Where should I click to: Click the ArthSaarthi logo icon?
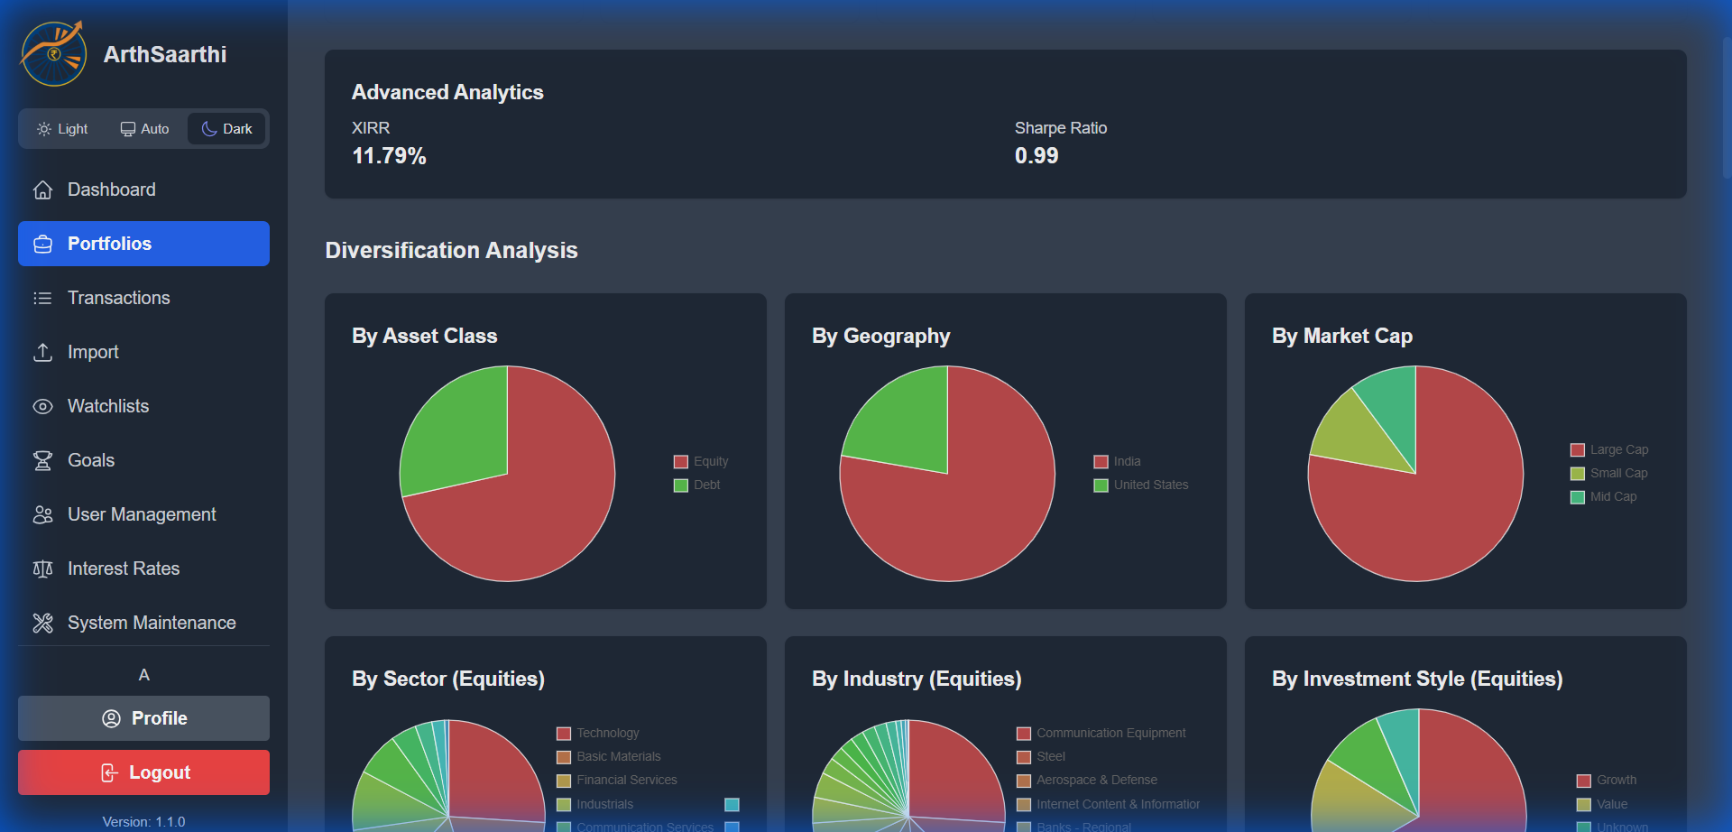pyautogui.click(x=54, y=54)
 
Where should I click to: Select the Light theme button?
pyautogui.click(x=62, y=129)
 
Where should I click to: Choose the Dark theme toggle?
pyautogui.click(x=226, y=129)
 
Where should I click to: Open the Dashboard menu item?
pyautogui.click(x=111, y=190)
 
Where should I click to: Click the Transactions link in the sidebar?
pyautogui.click(x=118, y=298)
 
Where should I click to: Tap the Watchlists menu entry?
pyautogui.click(x=107, y=406)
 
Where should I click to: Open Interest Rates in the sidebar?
pyautogui.click(x=123, y=569)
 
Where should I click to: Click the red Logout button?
pyautogui.click(x=143, y=772)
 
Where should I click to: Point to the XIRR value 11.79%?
pyautogui.click(x=389, y=156)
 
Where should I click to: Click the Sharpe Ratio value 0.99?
pyautogui.click(x=1036, y=156)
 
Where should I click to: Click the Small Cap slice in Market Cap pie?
pyautogui.click(x=1358, y=433)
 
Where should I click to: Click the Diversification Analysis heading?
pyautogui.click(x=451, y=250)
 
